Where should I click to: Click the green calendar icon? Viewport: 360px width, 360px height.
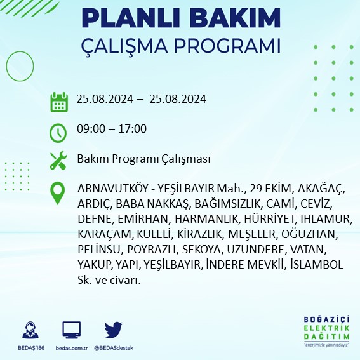click(x=58, y=101)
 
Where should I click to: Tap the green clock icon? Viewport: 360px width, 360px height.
click(x=58, y=133)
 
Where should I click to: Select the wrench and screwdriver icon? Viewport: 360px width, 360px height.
click(x=58, y=159)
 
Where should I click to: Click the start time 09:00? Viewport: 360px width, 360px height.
click(x=89, y=129)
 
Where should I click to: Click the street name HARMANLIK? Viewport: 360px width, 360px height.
click(x=194, y=219)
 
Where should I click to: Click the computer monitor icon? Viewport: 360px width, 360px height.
click(x=71, y=330)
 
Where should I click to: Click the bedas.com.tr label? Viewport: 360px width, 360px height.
click(x=72, y=348)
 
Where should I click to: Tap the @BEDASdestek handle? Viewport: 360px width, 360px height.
click(x=114, y=348)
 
